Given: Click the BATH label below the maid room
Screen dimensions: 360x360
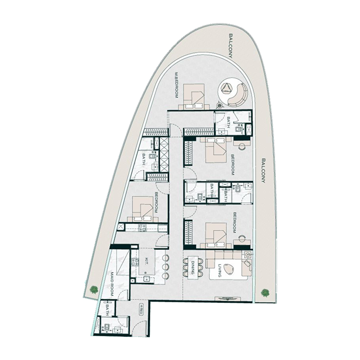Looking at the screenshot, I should [108, 310].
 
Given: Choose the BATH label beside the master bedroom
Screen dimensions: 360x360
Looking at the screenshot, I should [228, 122].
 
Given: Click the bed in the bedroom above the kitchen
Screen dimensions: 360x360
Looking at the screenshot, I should [143, 208].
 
